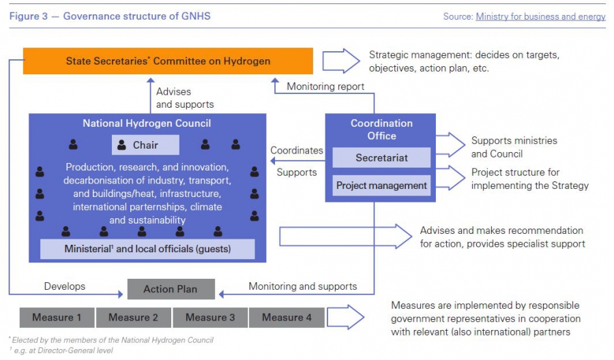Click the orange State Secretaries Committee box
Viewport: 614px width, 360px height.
click(168, 61)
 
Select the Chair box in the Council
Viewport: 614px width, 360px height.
click(145, 145)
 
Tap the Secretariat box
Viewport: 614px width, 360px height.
click(381, 158)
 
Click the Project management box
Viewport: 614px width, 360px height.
click(381, 185)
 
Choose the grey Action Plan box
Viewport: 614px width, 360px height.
click(171, 289)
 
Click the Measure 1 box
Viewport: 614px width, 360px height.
click(57, 318)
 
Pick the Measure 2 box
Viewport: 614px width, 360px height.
click(133, 318)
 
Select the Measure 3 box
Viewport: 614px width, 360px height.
click(209, 318)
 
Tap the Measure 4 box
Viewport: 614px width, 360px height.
click(287, 318)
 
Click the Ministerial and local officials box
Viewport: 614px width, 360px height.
click(147, 249)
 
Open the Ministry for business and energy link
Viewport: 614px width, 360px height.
click(540, 16)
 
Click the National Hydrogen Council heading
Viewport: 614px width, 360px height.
click(147, 123)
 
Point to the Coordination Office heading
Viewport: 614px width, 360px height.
click(381, 130)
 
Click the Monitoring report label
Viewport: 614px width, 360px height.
click(325, 87)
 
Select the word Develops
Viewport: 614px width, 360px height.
click(65, 286)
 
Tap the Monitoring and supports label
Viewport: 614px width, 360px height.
click(302, 286)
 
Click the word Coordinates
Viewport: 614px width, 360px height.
click(297, 150)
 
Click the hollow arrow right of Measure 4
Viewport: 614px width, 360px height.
click(347, 318)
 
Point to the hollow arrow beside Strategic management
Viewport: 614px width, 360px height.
click(341, 61)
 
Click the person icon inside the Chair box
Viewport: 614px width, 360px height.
click(122, 145)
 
